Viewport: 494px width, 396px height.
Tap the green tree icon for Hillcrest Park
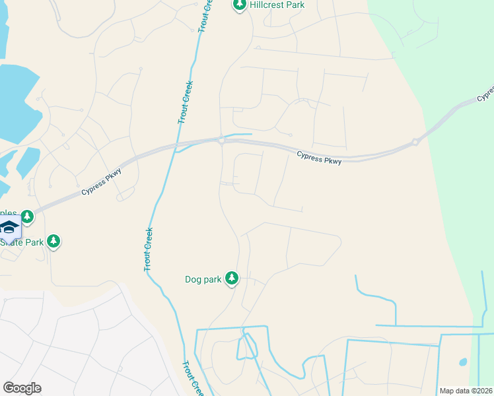click(239, 5)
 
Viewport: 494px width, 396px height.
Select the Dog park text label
click(203, 279)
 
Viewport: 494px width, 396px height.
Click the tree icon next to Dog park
click(231, 279)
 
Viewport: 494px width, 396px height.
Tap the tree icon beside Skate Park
click(53, 242)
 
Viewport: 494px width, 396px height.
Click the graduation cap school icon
click(9, 228)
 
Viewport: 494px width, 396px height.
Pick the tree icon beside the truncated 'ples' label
click(27, 216)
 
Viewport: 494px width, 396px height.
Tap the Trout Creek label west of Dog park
click(149, 249)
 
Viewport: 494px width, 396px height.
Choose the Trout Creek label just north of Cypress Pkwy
click(184, 102)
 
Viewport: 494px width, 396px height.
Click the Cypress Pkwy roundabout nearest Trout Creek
click(221, 139)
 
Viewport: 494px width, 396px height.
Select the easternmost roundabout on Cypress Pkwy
click(415, 141)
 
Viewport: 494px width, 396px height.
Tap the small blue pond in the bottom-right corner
click(462, 362)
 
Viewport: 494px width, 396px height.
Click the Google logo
click(22, 388)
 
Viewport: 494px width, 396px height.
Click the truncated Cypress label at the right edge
click(485, 92)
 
